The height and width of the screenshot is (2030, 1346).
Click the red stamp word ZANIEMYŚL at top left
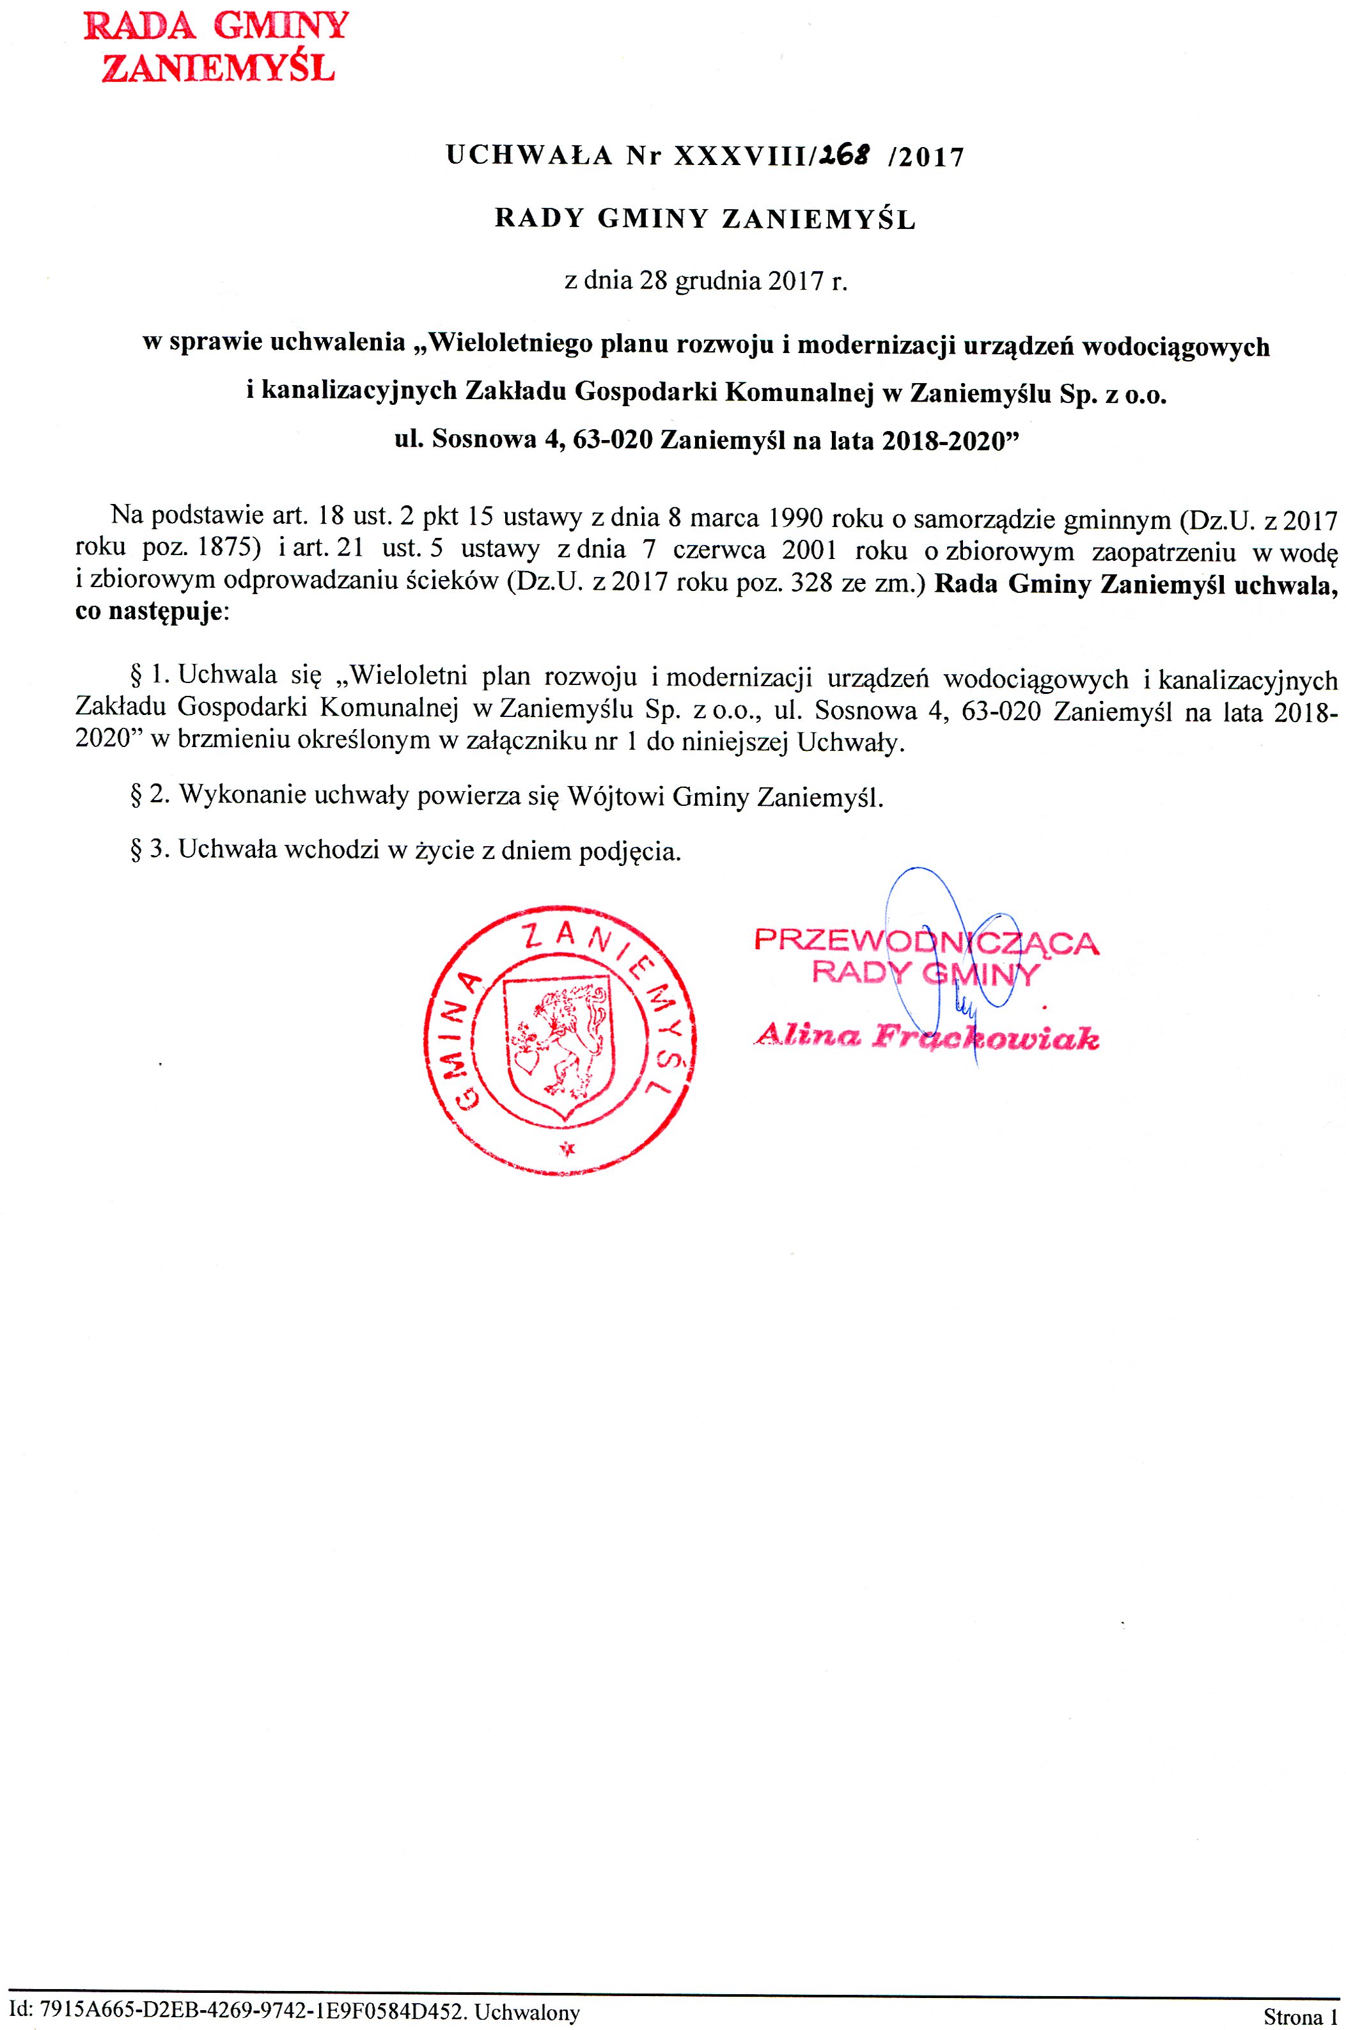pos(218,68)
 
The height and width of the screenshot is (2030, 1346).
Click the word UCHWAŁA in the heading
pos(529,156)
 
